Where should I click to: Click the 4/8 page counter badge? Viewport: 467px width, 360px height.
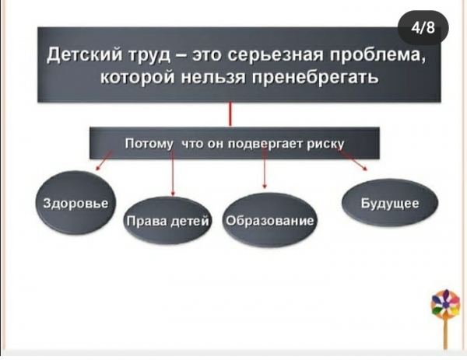point(423,28)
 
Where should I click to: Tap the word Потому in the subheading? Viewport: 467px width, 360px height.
point(149,143)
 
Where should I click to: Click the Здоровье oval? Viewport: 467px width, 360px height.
point(75,203)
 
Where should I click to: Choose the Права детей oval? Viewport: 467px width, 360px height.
point(167,221)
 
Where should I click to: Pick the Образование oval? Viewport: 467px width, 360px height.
point(269,220)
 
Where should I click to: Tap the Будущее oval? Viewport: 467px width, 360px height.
point(390,203)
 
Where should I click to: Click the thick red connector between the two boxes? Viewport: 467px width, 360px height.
point(230,114)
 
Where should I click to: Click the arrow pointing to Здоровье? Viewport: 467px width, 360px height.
point(104,160)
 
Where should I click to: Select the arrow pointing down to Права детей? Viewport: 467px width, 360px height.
point(173,173)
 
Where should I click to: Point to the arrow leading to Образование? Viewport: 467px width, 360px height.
point(265,169)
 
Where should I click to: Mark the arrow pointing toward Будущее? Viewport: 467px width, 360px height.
point(353,160)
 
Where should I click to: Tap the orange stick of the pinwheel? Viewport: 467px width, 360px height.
point(445,334)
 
